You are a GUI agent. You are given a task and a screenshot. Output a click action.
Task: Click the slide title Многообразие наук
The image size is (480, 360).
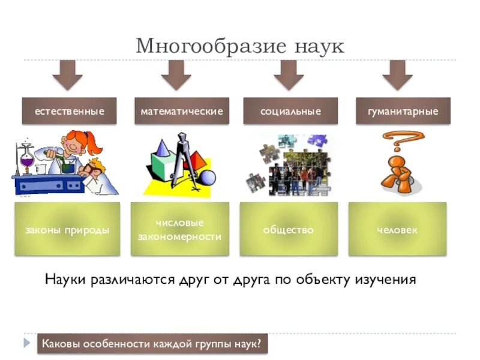[240, 46]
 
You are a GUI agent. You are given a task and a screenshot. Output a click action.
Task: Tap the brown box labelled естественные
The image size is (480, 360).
[69, 111]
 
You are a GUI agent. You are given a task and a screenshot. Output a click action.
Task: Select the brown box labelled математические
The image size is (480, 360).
[181, 111]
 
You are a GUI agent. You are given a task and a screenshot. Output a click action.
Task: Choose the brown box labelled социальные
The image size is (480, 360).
[290, 111]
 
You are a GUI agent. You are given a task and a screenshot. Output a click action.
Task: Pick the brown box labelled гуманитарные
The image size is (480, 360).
[403, 111]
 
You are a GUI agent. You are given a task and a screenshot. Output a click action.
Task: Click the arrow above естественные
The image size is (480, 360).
[67, 75]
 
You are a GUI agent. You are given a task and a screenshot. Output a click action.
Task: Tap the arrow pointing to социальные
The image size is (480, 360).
[289, 75]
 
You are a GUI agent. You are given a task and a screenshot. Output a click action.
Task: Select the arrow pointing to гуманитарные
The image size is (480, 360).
[397, 75]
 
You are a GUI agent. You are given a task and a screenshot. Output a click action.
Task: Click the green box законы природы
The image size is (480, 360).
[67, 229]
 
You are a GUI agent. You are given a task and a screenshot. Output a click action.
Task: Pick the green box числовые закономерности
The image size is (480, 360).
[180, 229]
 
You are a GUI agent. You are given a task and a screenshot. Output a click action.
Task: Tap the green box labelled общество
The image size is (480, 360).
[288, 229]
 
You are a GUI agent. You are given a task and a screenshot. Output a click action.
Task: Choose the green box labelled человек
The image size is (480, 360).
[397, 229]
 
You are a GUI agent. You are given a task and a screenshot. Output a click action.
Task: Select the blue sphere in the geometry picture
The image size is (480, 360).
[207, 177]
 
